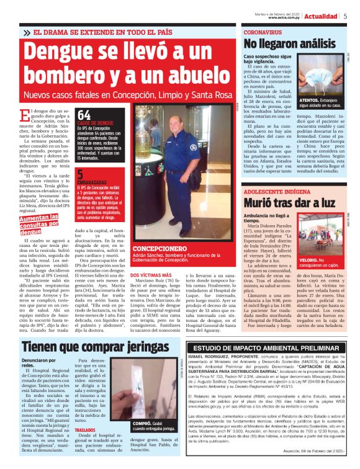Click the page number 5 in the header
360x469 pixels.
(x=344, y=16)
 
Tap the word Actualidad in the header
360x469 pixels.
(x=320, y=16)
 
